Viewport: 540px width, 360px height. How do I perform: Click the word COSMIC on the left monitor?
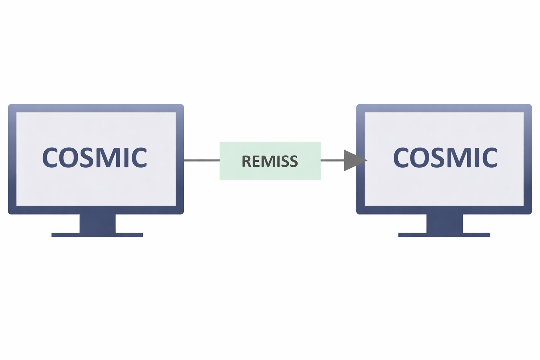(x=95, y=157)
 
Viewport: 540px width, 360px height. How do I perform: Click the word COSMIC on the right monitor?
(x=445, y=157)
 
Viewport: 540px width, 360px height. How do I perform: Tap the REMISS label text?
(x=270, y=161)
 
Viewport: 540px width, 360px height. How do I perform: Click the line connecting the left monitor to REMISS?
(x=201, y=160)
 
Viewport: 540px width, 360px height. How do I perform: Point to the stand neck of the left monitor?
(x=97, y=223)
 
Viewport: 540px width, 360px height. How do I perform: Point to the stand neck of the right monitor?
(x=444, y=223)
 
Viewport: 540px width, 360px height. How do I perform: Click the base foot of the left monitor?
(x=97, y=234)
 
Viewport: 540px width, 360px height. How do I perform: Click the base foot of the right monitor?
(x=444, y=234)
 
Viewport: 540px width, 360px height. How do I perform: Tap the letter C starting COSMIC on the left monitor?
(x=50, y=157)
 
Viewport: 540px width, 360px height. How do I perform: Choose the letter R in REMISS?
(x=246, y=161)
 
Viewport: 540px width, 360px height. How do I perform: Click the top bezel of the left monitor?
(x=96, y=108)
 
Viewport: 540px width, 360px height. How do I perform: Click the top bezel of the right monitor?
(x=444, y=108)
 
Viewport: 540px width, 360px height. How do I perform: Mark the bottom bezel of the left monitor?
(x=96, y=210)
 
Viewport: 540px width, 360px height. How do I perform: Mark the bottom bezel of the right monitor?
(x=444, y=210)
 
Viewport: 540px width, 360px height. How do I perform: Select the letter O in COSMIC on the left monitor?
(x=67, y=157)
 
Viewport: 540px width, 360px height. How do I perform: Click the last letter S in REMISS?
(x=293, y=161)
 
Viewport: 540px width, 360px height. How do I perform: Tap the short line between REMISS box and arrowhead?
(x=332, y=160)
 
